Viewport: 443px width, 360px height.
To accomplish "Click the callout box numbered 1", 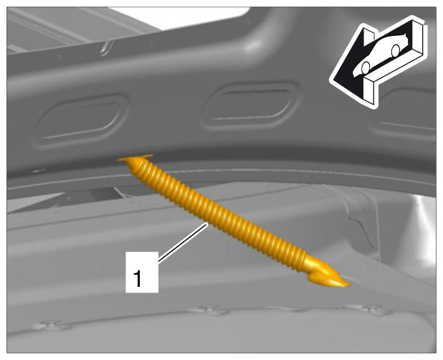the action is coord(142,272).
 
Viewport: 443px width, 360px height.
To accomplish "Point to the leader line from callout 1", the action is coord(183,242).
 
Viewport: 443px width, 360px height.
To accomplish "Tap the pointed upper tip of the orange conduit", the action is coord(119,160).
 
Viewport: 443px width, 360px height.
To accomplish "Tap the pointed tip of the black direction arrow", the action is coord(331,81).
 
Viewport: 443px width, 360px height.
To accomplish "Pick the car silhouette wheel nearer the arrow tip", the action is coord(366,68).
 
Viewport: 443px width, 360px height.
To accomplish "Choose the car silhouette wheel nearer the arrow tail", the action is coord(396,51).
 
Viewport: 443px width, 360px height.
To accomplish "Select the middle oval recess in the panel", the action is coord(250,105).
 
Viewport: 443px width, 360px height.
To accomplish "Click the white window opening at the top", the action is coord(181,17).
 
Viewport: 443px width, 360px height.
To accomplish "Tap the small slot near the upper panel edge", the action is coord(107,47).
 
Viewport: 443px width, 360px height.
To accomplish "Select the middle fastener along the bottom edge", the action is coord(211,310).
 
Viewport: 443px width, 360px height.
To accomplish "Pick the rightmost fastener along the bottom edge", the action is coord(373,310).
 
